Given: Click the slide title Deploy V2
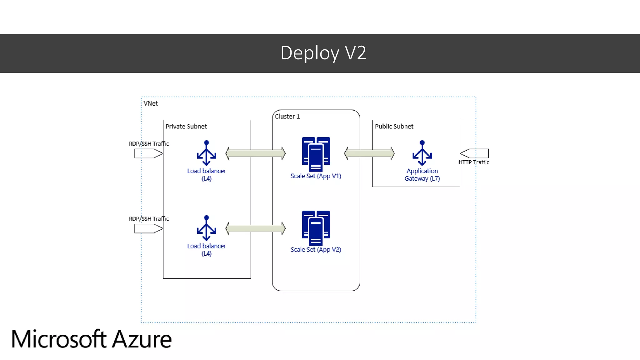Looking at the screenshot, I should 323,53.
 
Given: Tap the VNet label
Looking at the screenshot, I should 150,103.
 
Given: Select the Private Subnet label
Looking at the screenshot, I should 186,126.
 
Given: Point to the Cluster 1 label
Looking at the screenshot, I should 287,116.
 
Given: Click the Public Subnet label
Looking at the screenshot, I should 394,126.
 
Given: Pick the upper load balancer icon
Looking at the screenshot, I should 206,153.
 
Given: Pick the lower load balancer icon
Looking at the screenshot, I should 206,228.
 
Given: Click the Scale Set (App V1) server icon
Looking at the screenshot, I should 316,154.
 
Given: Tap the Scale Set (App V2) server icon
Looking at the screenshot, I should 316,228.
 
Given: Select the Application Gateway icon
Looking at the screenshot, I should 422,153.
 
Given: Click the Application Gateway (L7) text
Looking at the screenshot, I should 422,175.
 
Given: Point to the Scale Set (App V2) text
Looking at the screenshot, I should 316,249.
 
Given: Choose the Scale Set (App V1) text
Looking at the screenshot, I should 316,176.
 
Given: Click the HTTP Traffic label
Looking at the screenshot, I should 473,162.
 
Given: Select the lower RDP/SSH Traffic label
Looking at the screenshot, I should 148,219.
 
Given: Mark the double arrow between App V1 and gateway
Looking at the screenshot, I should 369,153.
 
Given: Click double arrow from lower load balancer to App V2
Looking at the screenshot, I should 255,228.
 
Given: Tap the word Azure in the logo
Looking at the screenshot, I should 142,339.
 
